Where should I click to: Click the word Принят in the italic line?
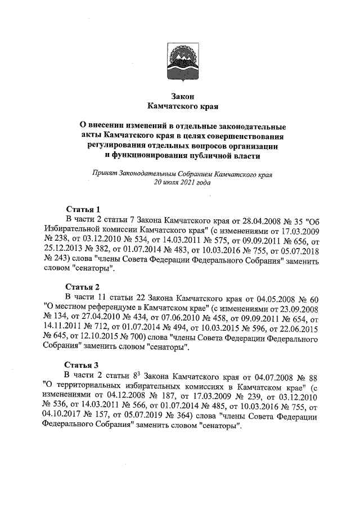pyautogui.click(x=105, y=173)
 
